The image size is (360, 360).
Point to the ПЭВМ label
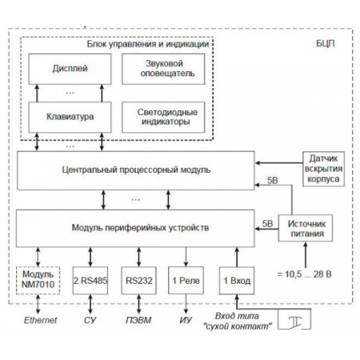138,322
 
